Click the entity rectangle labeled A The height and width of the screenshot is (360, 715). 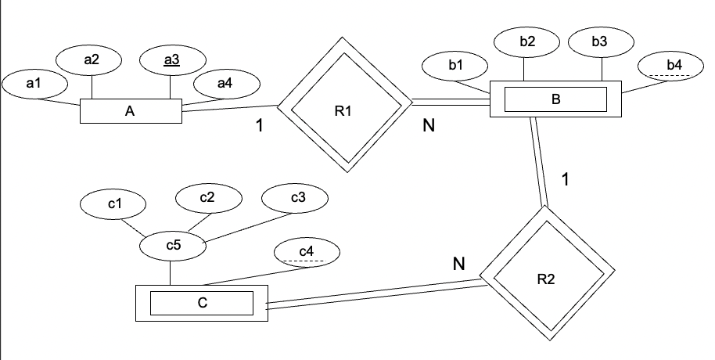click(131, 111)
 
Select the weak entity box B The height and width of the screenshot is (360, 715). click(555, 99)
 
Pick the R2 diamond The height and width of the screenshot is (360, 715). click(546, 275)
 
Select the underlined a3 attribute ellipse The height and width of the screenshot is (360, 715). click(171, 59)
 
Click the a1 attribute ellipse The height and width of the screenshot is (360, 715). click(34, 81)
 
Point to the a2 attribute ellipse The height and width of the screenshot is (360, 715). click(91, 59)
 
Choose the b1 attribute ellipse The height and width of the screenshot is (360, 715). click(456, 66)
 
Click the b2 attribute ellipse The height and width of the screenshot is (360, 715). click(527, 42)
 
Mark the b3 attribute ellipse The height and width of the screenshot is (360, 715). click(599, 42)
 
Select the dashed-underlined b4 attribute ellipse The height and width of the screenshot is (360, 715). click(674, 66)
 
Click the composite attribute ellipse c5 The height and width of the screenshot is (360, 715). click(173, 246)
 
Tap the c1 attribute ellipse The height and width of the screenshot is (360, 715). click(114, 204)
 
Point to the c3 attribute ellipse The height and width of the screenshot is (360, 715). click(297, 198)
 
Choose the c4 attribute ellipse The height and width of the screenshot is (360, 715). click(307, 252)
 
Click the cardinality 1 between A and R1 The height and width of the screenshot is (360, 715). click(259, 124)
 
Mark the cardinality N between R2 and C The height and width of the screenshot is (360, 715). click(459, 265)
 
